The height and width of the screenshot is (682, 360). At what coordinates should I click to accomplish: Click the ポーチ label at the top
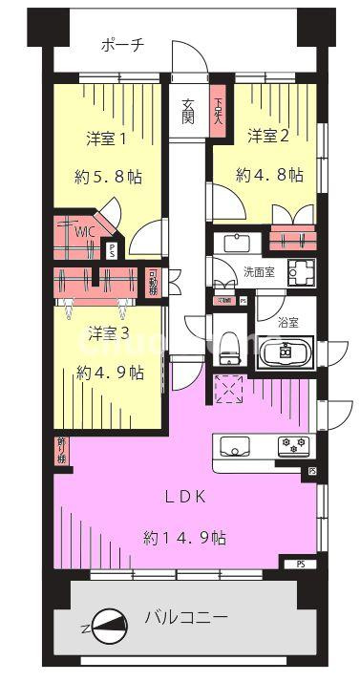coord(125,45)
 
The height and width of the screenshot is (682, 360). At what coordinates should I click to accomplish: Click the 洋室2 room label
coord(268,136)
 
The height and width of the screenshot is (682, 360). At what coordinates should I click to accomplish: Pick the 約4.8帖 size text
coord(269,175)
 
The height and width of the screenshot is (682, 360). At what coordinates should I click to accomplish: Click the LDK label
coord(185,496)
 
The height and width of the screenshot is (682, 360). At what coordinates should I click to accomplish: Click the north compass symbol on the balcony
coord(108,624)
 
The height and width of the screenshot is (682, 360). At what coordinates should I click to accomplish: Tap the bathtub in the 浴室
coord(284,352)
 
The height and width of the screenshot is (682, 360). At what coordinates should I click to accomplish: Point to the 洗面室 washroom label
coord(258,271)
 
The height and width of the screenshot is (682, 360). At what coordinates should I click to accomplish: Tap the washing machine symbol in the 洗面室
coord(303,270)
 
